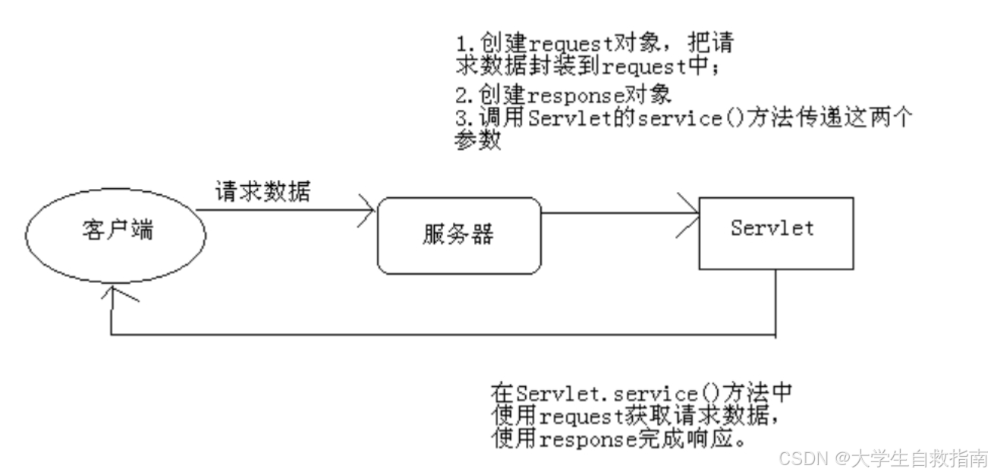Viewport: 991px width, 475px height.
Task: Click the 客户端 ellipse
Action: coord(115,231)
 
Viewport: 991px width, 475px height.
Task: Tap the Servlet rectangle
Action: coord(775,232)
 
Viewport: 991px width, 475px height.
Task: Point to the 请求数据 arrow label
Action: coord(263,191)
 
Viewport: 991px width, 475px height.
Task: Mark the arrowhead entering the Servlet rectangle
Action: coord(691,213)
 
